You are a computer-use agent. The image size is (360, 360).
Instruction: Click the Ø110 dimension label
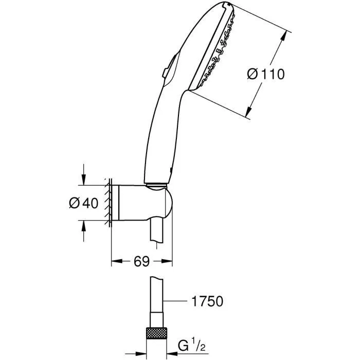[265, 75]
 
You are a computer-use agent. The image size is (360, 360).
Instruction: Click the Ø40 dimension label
[83, 204]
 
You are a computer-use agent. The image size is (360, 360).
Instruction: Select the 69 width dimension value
[142, 262]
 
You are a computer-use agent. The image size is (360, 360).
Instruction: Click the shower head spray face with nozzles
[216, 51]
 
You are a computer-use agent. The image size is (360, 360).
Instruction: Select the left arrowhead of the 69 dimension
[116, 262]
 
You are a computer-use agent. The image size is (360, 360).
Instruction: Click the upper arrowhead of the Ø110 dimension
[284, 35]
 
